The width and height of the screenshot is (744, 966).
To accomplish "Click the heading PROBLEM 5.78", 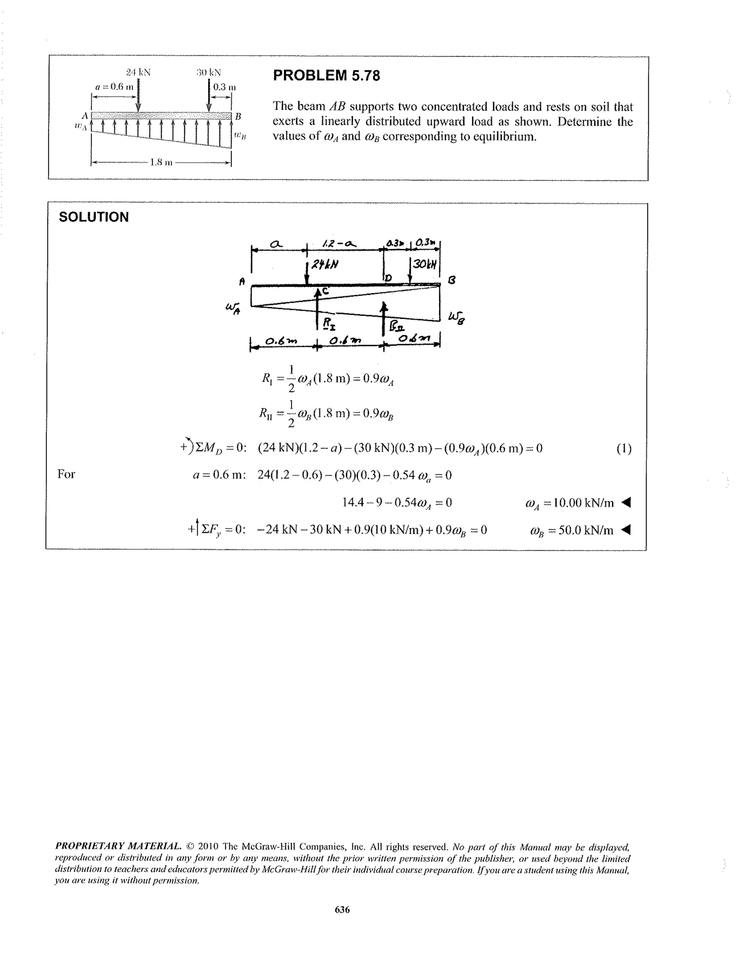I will [326, 76].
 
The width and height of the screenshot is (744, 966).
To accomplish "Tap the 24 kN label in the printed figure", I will [138, 72].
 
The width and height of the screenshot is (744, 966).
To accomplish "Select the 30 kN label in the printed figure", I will [209, 72].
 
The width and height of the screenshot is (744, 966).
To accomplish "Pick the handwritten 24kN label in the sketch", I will [325, 265].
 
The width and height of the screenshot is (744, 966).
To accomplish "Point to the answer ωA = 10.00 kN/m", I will [569, 503].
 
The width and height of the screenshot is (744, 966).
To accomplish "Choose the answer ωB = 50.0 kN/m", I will [571, 530].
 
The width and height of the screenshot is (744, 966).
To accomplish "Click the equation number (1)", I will [624, 449].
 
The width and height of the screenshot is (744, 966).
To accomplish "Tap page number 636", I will [342, 909].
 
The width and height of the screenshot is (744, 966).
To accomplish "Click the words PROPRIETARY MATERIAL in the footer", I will [118, 846].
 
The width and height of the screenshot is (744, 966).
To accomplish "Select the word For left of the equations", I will [66, 475].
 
